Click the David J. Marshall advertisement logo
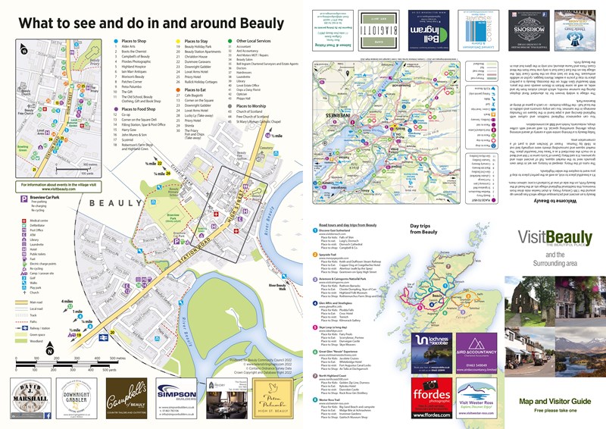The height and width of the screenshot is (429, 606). pos(30,399)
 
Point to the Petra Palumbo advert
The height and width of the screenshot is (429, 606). pos(276,399)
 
